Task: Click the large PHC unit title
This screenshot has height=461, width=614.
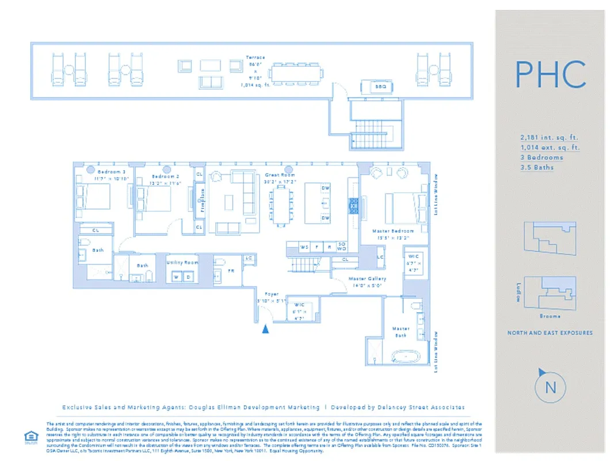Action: pos(550,74)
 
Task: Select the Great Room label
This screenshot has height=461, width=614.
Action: pos(280,175)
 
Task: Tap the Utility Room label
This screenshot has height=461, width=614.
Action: pos(182,262)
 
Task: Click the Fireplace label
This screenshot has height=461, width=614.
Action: pos(202,200)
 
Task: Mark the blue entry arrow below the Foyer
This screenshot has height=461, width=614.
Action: pos(265,329)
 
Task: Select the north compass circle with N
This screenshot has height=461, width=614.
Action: pos(550,387)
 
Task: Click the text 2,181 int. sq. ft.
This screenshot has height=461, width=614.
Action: pos(548,138)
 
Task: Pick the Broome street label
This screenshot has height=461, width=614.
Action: pos(550,316)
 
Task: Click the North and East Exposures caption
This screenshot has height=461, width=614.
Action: pos(550,332)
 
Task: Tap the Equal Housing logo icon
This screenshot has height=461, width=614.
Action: pos(29,436)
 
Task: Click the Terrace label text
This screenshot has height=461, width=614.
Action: pos(255,58)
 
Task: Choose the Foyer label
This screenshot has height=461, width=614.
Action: pos(272,294)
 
